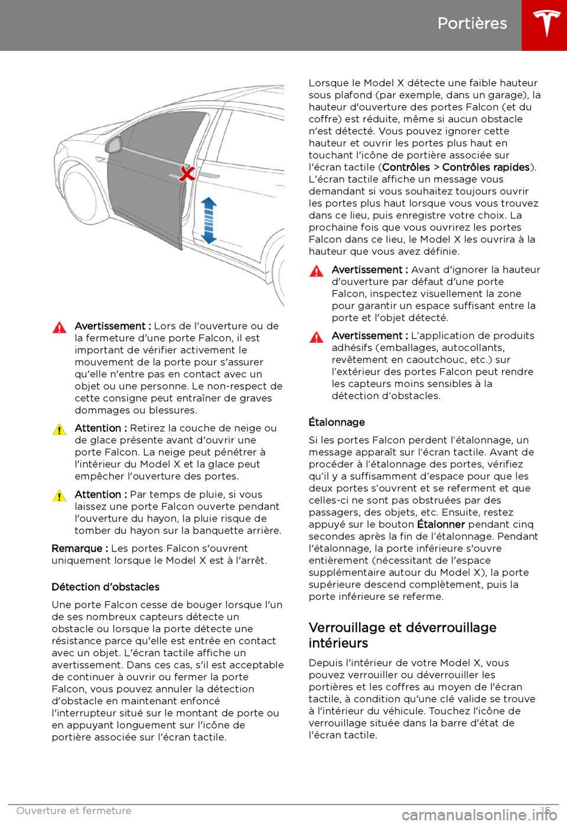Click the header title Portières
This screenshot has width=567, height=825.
pyautogui.click(x=472, y=23)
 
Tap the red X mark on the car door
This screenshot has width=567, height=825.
pyautogui.click(x=187, y=173)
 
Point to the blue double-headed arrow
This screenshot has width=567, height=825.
pyautogui.click(x=208, y=220)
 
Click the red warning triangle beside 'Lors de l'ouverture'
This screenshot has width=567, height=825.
pyautogui.click(x=60, y=327)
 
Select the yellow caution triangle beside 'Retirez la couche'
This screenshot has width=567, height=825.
pyautogui.click(x=60, y=430)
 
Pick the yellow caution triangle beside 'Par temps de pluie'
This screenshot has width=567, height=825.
pyautogui.click(x=60, y=496)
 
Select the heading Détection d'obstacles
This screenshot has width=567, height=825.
pyautogui.click(x=106, y=587)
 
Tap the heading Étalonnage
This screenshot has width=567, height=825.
pyautogui.click(x=337, y=422)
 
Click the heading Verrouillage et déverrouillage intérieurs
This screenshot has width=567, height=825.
pyautogui.click(x=402, y=635)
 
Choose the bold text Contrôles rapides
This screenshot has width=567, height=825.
pyautogui.click(x=485, y=167)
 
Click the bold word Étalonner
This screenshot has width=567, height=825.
pyautogui.click(x=441, y=524)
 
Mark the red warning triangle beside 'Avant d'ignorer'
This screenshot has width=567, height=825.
pyautogui.click(x=317, y=271)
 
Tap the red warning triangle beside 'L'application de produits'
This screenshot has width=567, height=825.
pyautogui.click(x=317, y=337)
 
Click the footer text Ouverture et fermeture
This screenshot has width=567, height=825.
pyautogui.click(x=74, y=811)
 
